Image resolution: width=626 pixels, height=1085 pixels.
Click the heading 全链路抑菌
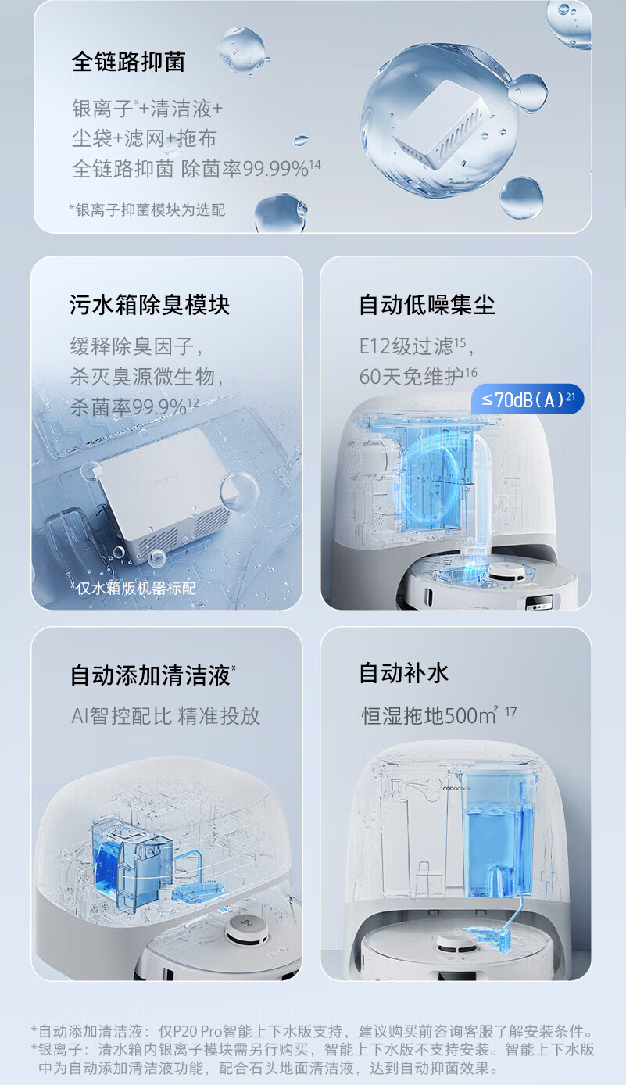(x=128, y=62)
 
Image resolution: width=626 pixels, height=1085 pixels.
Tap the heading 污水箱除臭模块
(x=149, y=305)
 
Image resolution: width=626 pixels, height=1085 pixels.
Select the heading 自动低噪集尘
(x=427, y=305)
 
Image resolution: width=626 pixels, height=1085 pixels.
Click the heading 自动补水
(x=404, y=673)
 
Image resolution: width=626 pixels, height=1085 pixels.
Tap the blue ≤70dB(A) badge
(x=528, y=399)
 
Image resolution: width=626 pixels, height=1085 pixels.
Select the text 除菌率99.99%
(x=245, y=169)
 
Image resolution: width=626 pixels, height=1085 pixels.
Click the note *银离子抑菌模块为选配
(x=147, y=209)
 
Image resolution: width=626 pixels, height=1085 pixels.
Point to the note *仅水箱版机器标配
(x=133, y=588)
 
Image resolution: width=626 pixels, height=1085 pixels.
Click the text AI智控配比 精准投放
(x=166, y=716)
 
